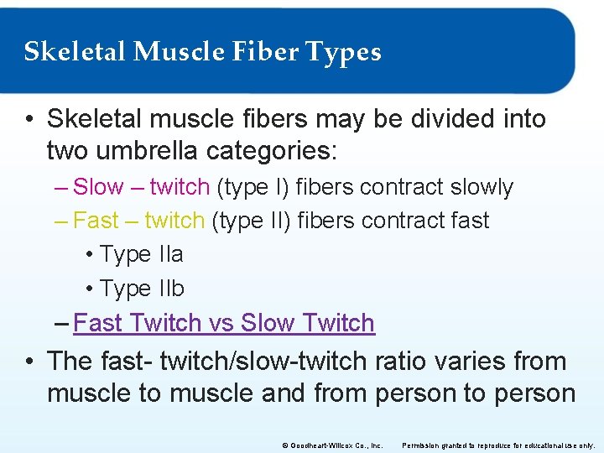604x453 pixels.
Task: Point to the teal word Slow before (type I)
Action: (x=99, y=187)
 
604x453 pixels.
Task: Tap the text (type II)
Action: (x=250, y=221)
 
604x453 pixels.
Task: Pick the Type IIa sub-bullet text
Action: (x=141, y=254)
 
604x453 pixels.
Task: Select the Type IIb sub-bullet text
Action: (x=142, y=289)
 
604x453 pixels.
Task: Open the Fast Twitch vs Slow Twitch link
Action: (x=224, y=323)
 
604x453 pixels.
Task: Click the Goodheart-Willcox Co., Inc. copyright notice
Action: (x=334, y=444)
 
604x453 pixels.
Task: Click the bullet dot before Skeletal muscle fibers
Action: (x=29, y=119)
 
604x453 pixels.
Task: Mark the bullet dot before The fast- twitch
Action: (x=29, y=362)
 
